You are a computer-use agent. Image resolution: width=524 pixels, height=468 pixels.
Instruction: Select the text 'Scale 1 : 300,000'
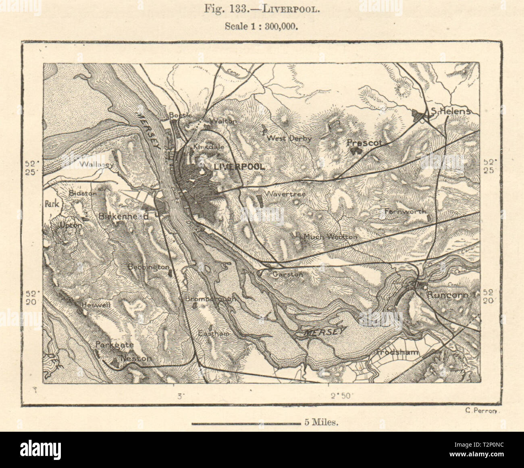261,27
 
